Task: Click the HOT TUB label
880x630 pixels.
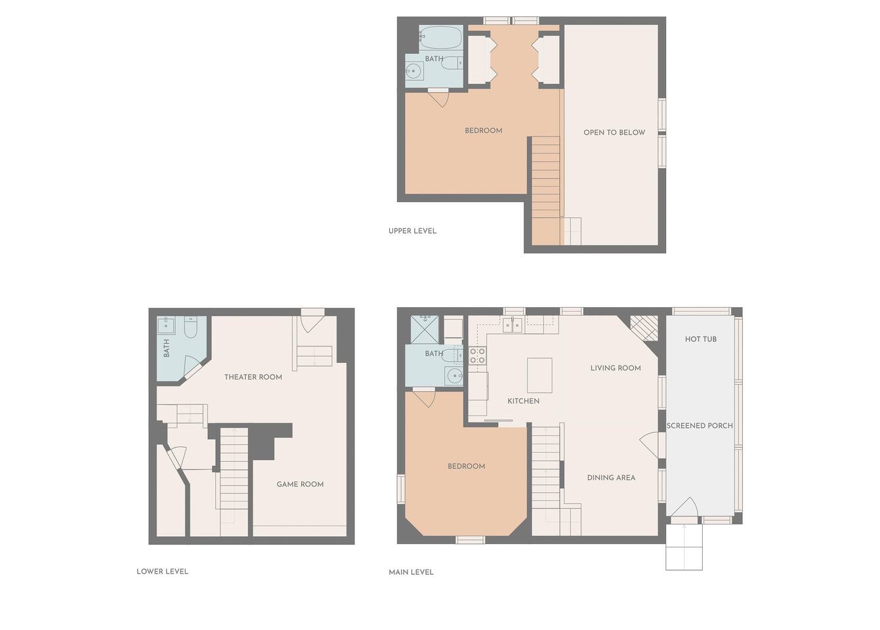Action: [700, 339]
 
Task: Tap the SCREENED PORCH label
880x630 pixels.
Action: [700, 425]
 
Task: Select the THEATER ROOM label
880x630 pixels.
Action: [253, 377]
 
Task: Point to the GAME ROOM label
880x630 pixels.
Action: [300, 484]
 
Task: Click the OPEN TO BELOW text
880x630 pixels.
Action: [614, 133]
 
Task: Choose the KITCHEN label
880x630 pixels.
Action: [523, 401]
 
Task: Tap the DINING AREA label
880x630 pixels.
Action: [611, 478]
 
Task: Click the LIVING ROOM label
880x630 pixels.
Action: [616, 368]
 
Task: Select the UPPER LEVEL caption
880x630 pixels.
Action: [412, 231]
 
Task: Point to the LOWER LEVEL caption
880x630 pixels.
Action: [162, 572]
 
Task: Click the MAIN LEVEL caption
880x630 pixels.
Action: [411, 572]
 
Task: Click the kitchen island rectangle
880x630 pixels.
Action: [539, 375]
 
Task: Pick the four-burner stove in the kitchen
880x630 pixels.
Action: [477, 356]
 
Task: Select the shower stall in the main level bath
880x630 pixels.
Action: [425, 329]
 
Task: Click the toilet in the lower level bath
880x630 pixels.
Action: [190, 328]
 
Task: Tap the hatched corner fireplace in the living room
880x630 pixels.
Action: [644, 327]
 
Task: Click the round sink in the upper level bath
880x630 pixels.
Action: [413, 72]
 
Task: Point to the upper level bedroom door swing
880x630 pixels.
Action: [439, 98]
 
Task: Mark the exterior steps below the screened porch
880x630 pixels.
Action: [684, 547]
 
